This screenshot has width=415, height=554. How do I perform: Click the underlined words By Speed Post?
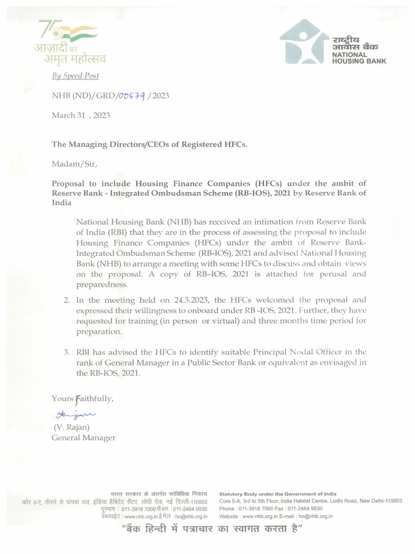(x=75, y=76)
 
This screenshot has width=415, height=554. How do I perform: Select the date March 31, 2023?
(x=77, y=115)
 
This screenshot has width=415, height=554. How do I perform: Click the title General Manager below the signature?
(x=83, y=438)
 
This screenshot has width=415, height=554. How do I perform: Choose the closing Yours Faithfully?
(x=83, y=399)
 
